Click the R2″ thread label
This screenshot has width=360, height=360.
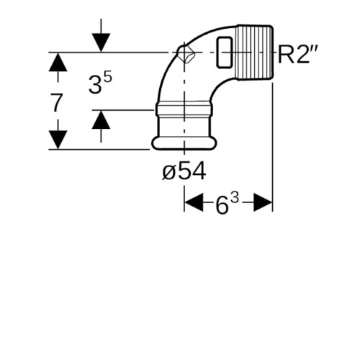(297, 55)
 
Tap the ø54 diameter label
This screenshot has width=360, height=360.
(184, 171)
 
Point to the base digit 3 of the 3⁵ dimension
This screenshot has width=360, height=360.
(95, 84)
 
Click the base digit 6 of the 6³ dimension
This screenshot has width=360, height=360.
(222, 205)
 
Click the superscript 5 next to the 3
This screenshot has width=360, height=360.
(108, 78)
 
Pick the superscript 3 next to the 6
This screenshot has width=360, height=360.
(235, 199)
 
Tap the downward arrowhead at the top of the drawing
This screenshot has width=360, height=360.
(101, 42)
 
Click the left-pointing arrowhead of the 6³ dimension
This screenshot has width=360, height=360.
(194, 202)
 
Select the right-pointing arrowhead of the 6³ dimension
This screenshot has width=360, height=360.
(263, 202)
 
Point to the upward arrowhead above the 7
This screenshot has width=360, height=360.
(58, 62)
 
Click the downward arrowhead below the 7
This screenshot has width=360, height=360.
(58, 140)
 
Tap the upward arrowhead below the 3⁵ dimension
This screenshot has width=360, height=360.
(101, 120)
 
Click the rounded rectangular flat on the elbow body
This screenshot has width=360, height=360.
(225, 53)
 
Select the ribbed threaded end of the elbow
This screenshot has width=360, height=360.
(254, 52)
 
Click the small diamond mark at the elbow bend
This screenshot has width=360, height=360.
(186, 54)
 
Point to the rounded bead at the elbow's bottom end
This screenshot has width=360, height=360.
(184, 143)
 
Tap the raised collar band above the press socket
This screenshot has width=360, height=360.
(184, 109)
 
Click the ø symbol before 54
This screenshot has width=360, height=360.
(168, 173)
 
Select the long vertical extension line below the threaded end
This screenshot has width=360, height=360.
(273, 147)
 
